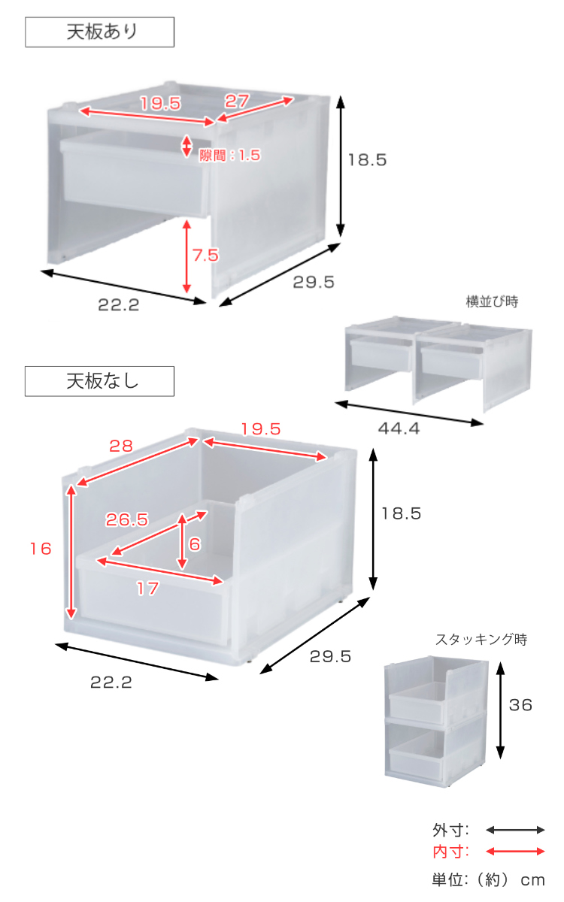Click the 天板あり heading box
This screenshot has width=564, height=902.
coord(99,32)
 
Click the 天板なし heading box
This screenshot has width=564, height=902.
coord(99,381)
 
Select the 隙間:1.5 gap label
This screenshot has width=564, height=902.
coord(229,156)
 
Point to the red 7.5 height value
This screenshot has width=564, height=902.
coord(205,255)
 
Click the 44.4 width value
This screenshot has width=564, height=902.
coord(399,429)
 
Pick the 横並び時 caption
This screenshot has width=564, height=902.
coord(492,302)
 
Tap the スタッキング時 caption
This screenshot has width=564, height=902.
coord(481,640)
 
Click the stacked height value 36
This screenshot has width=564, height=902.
coord(520,705)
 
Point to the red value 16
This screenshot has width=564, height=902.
coord(41,549)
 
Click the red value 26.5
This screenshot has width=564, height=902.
coord(127,519)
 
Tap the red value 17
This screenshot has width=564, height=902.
coord(147,589)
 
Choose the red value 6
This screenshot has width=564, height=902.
coord(195,544)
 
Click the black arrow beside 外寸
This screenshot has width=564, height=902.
coord(515,830)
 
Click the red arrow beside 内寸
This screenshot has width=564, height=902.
coord(515,852)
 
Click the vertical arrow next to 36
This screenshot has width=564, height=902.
coord(500,711)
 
